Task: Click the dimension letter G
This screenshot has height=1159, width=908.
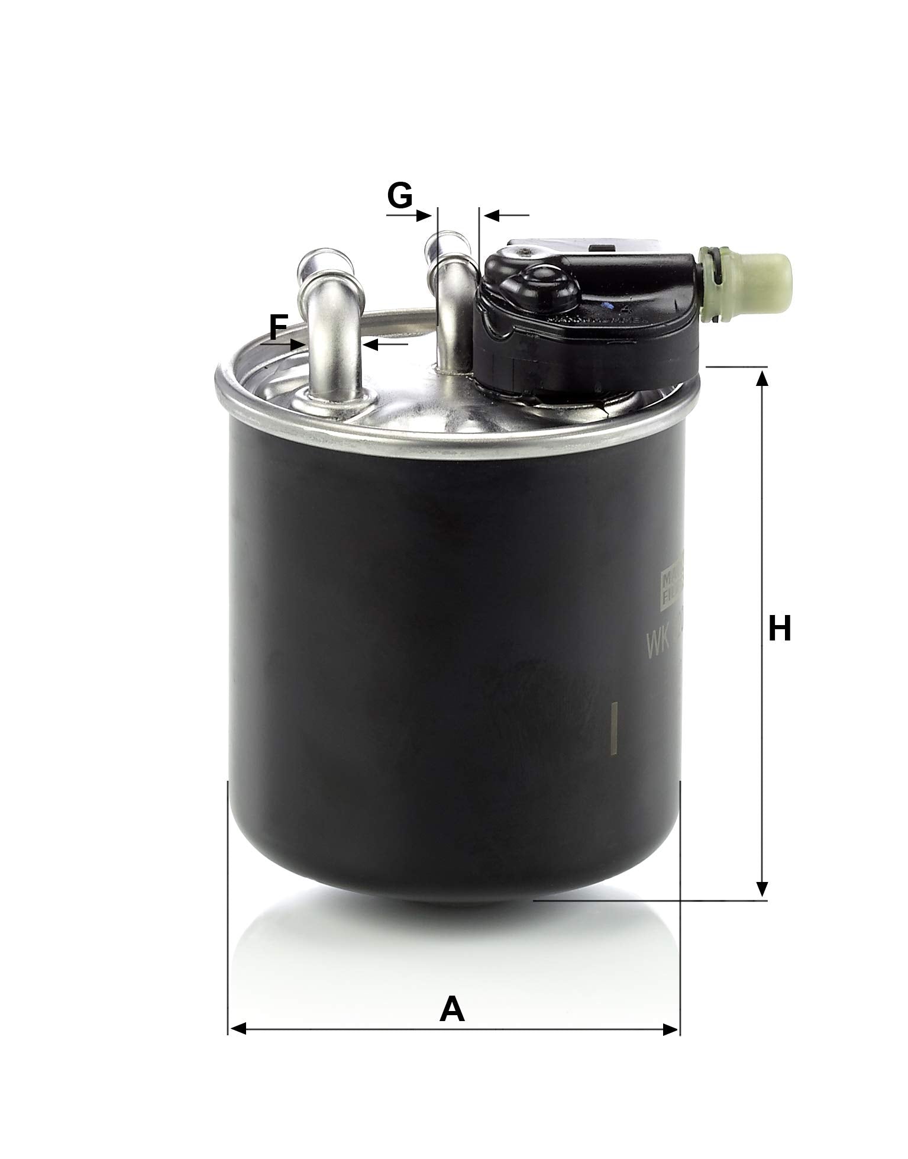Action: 400,195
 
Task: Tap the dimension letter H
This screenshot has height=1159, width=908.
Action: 780,629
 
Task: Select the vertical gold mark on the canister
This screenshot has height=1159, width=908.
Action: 613,727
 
